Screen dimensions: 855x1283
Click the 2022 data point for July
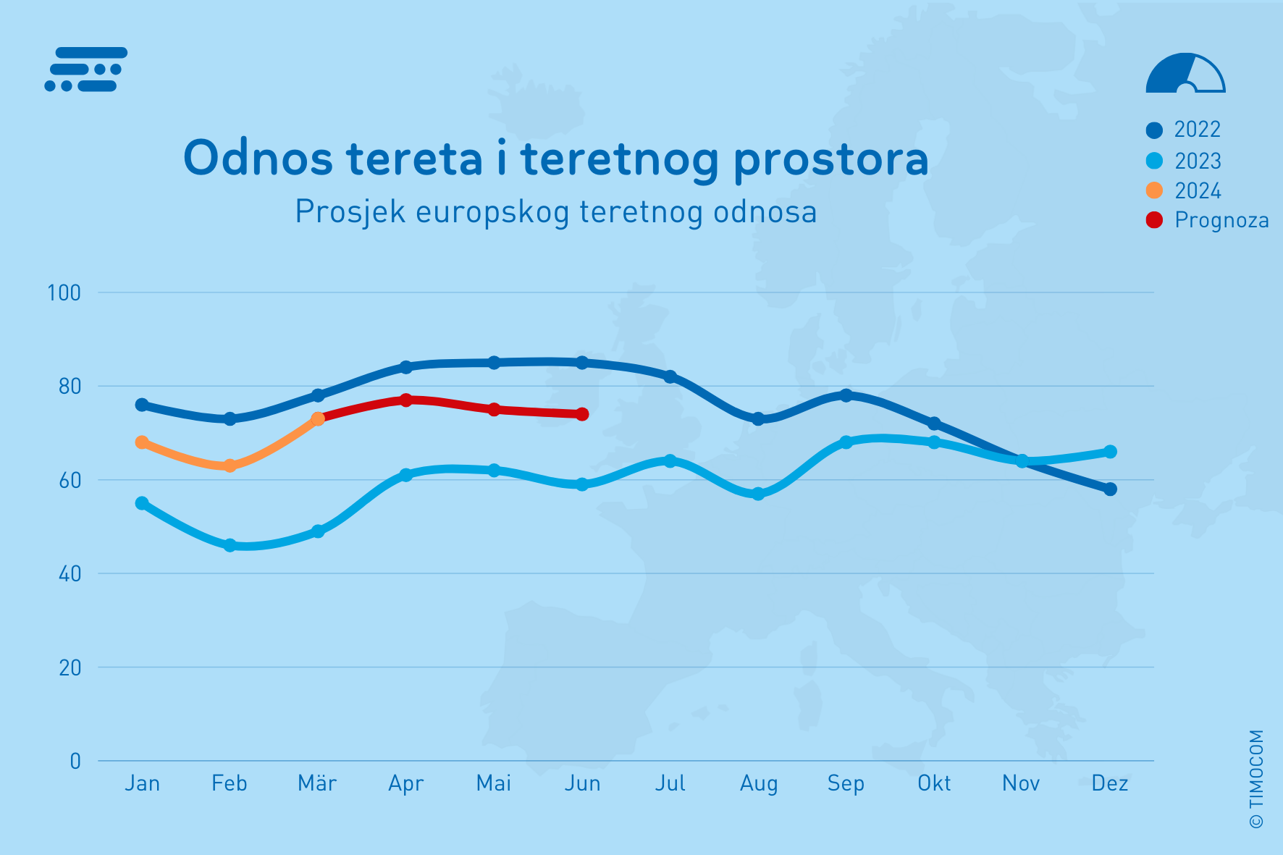(x=670, y=376)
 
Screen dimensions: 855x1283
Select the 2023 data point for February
(x=230, y=545)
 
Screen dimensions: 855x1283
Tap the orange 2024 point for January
(x=142, y=442)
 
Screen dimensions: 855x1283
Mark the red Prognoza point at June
(x=582, y=414)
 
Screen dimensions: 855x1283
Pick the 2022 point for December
(x=1110, y=489)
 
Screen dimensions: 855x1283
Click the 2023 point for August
(x=758, y=494)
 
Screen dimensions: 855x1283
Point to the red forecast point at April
(x=405, y=400)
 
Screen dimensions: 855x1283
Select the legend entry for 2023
(x=1197, y=161)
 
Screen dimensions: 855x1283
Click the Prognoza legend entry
(x=1221, y=220)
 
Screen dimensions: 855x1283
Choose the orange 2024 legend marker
(x=1154, y=190)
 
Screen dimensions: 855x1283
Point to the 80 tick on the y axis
(x=70, y=387)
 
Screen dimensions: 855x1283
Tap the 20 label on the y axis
(x=70, y=667)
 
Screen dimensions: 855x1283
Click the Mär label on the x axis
(x=317, y=783)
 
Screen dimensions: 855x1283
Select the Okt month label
(x=934, y=783)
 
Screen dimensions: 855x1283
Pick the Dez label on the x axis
(x=1110, y=783)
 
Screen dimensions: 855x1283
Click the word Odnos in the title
(x=258, y=158)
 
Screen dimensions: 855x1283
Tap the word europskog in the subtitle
(x=492, y=212)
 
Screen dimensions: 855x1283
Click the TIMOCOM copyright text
(x=1256, y=778)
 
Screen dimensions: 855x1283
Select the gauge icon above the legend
(x=1185, y=74)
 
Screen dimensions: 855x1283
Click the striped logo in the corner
(x=86, y=70)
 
